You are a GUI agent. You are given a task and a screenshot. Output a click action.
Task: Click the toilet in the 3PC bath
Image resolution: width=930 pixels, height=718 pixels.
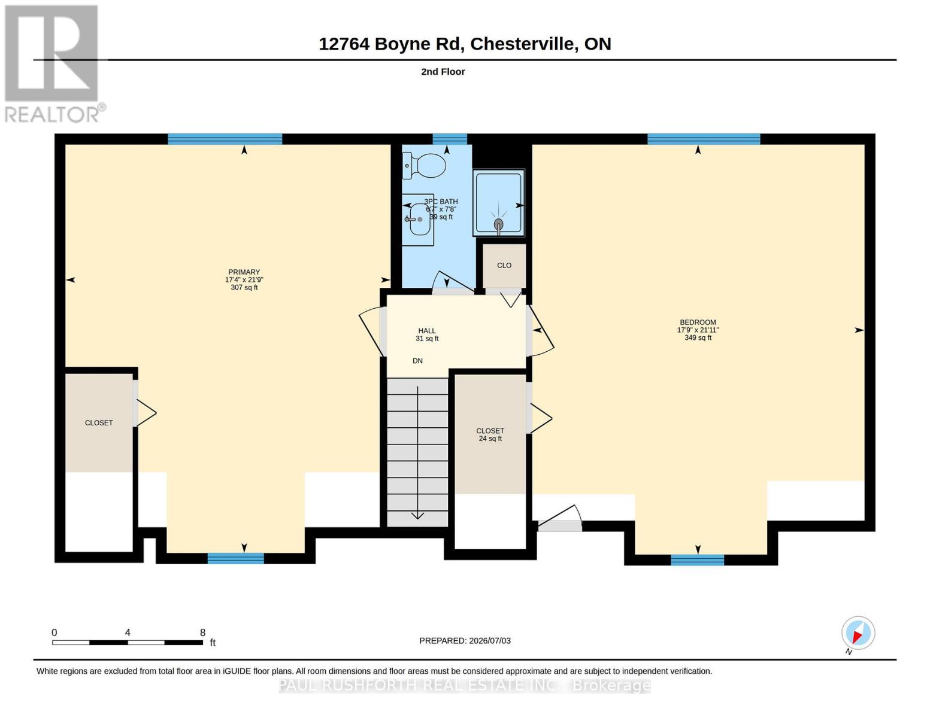click(x=424, y=166)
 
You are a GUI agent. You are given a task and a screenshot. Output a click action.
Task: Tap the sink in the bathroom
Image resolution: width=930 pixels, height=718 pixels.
click(x=418, y=220)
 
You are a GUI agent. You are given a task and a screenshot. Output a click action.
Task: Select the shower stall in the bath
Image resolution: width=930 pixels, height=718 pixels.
click(x=499, y=203)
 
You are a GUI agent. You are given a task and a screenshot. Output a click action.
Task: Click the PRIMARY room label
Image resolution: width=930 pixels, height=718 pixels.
click(x=244, y=272)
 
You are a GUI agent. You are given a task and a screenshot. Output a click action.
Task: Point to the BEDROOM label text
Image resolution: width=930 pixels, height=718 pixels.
click(x=698, y=323)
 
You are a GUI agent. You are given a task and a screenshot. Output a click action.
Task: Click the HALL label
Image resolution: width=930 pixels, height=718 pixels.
click(x=427, y=330)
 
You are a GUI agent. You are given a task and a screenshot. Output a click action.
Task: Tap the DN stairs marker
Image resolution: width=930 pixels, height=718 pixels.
click(x=417, y=361)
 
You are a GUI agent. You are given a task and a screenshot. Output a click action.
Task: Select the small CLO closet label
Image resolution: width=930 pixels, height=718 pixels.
click(x=504, y=265)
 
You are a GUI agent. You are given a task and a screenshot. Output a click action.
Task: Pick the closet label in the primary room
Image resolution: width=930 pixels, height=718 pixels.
click(x=99, y=423)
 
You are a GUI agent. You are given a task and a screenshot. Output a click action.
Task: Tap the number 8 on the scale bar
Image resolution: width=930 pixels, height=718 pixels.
click(x=202, y=632)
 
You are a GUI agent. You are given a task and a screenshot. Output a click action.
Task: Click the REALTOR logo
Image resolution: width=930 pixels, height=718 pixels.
click(x=54, y=63)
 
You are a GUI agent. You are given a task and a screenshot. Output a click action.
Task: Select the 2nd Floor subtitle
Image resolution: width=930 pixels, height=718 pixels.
click(x=443, y=72)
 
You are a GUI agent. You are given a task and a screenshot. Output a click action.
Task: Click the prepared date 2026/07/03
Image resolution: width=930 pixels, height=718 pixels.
click(x=490, y=641)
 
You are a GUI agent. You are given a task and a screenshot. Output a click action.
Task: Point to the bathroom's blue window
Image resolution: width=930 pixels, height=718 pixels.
click(x=449, y=139)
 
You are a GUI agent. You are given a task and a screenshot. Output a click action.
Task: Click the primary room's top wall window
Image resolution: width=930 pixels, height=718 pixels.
click(x=225, y=139)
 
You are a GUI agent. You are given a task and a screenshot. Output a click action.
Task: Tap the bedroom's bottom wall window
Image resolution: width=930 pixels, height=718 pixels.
click(x=697, y=560)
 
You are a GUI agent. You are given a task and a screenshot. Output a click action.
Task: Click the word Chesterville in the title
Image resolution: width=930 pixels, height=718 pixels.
click(x=522, y=44)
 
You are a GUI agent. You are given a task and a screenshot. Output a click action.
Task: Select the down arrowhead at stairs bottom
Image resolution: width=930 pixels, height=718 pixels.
click(x=417, y=516)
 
